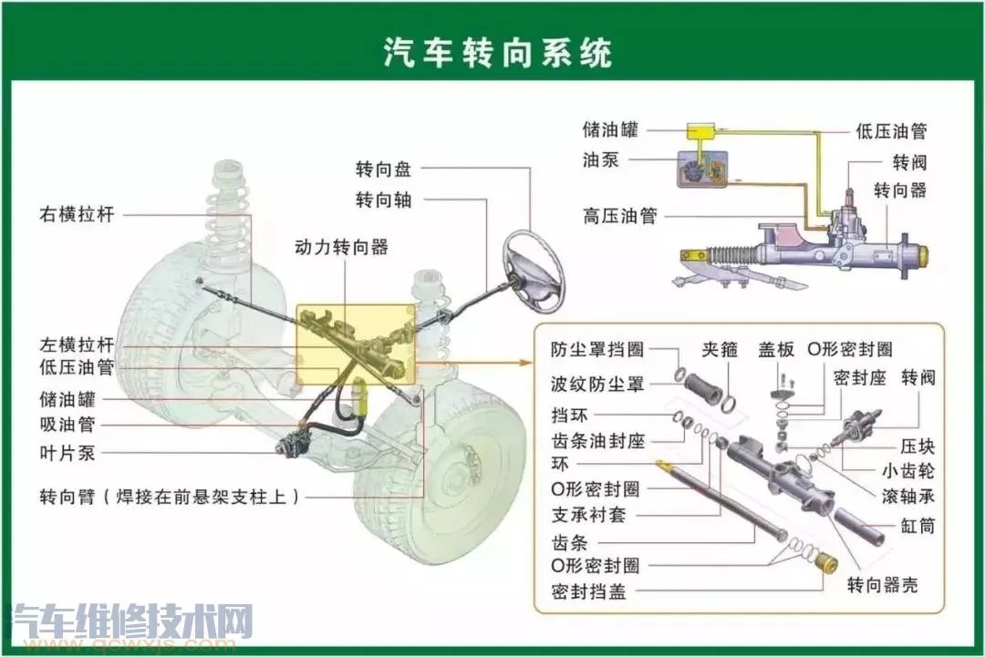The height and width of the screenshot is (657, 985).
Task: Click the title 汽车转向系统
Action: [497, 52]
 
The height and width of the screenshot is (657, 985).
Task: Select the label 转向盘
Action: [383, 169]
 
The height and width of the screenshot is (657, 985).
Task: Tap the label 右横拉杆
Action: [77, 216]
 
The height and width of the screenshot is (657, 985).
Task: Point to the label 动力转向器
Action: [341, 248]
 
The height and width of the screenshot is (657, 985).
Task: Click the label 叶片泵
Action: [67, 453]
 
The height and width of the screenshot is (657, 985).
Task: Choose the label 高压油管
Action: [619, 217]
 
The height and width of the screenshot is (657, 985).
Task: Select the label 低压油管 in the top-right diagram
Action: [891, 131]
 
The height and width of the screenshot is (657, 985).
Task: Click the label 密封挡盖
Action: [588, 591]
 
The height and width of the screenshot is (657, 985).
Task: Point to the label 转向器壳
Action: [882, 585]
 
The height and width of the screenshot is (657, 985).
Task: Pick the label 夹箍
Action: [719, 350]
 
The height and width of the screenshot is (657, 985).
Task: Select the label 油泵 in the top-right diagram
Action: [601, 159]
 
